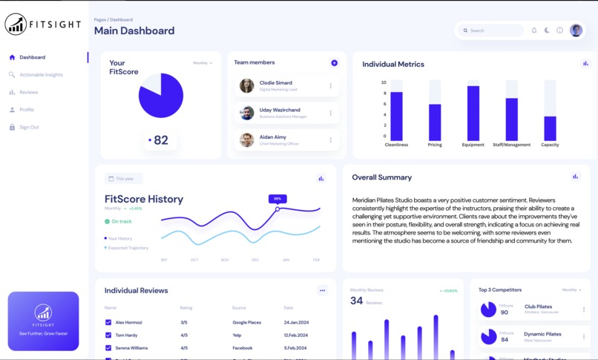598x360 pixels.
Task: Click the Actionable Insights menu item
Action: pyautogui.click(x=41, y=75)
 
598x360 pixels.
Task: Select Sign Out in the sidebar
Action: pyautogui.click(x=29, y=128)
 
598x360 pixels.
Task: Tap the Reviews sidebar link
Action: pyautogui.click(x=28, y=93)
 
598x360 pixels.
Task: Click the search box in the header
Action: pyautogui.click(x=492, y=30)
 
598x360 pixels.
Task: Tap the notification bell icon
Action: pyautogui.click(x=534, y=30)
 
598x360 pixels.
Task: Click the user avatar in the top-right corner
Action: pyautogui.click(x=576, y=30)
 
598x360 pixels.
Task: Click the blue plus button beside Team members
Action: pyautogui.click(x=334, y=63)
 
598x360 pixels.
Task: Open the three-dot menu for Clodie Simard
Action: pyautogui.click(x=331, y=86)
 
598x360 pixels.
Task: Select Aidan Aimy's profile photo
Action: pyautogui.click(x=247, y=140)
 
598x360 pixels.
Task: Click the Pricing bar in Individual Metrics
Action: pyautogui.click(x=435, y=122)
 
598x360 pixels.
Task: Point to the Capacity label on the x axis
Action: pyautogui.click(x=550, y=145)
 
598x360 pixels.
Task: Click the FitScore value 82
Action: pyautogui.click(x=161, y=140)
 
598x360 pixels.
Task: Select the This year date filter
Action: pyautogui.click(x=124, y=179)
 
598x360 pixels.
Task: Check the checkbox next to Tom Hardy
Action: pyautogui.click(x=108, y=336)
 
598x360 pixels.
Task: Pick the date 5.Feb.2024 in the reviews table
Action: pyautogui.click(x=295, y=348)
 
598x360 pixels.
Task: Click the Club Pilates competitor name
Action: pyautogui.click(x=538, y=307)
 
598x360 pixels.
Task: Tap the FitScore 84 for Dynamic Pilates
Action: pyautogui.click(x=505, y=340)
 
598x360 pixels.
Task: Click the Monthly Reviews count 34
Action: pyautogui.click(x=357, y=301)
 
